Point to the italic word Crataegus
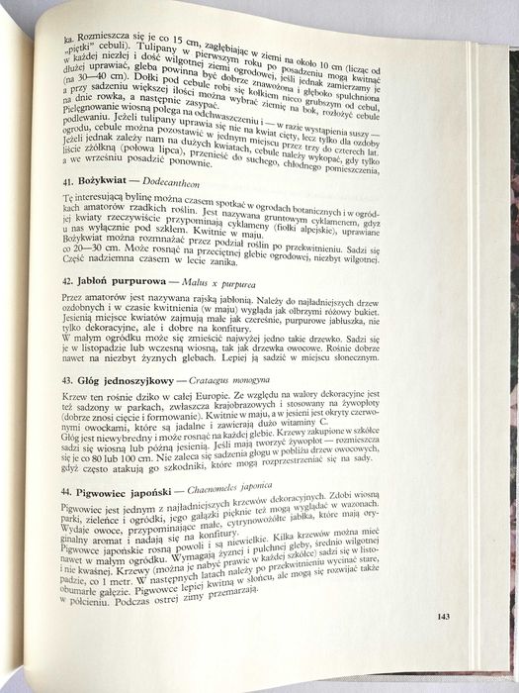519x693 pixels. pos(226,407)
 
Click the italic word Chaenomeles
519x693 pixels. pos(250,516)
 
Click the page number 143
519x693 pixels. pos(443,617)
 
